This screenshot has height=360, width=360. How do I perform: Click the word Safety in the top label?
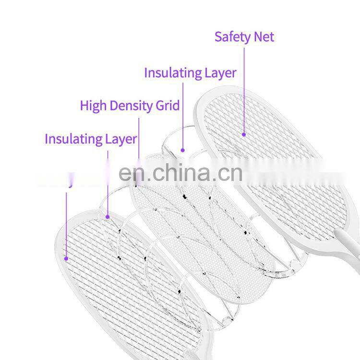[x=233, y=37]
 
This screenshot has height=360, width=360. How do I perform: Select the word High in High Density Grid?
[x=92, y=105]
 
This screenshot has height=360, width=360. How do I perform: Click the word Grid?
[x=168, y=105]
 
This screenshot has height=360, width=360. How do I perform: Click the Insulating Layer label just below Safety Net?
[x=190, y=73]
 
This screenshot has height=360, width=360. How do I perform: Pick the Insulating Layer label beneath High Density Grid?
[x=91, y=139]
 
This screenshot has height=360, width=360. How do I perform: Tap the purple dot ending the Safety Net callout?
[x=244, y=135]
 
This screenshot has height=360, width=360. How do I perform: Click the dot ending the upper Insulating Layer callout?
[x=183, y=150]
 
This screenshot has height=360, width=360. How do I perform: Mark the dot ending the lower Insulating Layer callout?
[x=108, y=216]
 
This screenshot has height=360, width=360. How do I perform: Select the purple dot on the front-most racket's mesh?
[x=66, y=258]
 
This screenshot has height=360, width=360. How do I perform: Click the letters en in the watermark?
[x=130, y=174]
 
